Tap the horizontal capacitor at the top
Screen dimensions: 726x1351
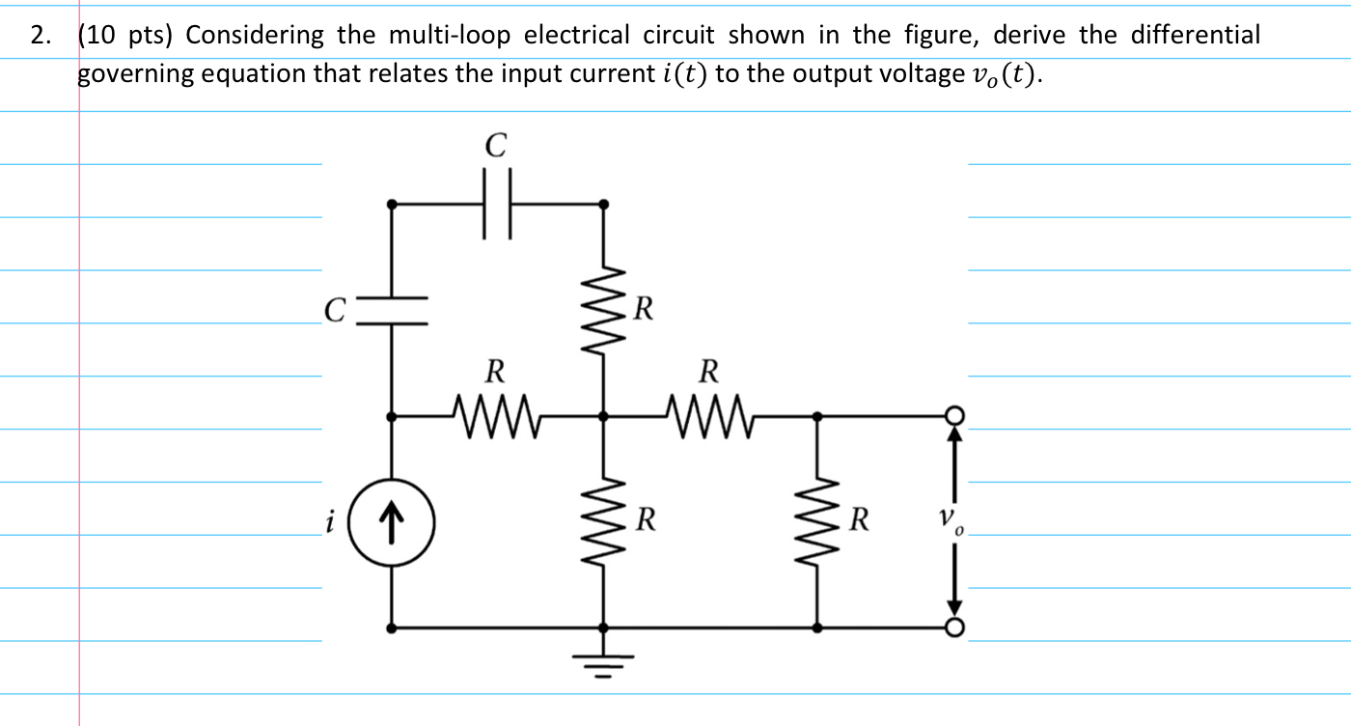(496, 204)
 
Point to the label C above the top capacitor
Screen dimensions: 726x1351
(495, 146)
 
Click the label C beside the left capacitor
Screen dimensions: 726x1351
(334, 311)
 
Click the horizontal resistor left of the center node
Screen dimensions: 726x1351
(495, 415)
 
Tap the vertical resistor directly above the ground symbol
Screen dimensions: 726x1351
(604, 522)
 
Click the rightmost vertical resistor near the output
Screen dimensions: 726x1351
(818, 522)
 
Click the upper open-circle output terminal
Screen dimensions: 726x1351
(954, 415)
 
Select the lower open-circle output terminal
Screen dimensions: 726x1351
(954, 628)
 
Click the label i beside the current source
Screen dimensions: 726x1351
(330, 522)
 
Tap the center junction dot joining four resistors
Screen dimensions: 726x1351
(604, 416)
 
